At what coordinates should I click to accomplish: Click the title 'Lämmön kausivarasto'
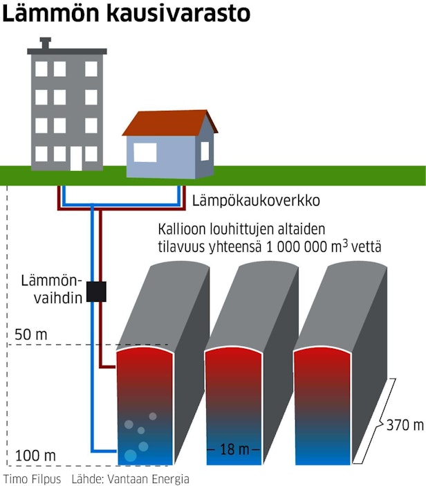tap(126, 14)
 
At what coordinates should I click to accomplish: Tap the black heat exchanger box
tap(96, 291)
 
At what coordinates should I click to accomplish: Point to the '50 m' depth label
tap(30, 335)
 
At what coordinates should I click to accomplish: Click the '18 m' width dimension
tap(234, 449)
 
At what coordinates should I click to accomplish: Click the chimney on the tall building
tap(46, 43)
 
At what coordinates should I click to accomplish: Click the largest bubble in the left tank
tap(130, 455)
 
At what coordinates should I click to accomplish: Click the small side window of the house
tap(205, 150)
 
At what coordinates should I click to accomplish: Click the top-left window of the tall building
tap(41, 69)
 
